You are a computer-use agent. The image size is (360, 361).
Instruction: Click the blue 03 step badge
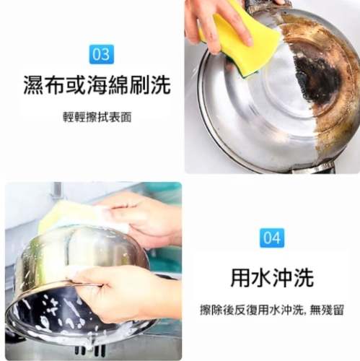point(102,54)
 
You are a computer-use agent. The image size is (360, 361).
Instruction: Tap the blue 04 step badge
point(271,238)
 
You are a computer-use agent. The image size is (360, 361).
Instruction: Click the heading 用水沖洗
point(271,277)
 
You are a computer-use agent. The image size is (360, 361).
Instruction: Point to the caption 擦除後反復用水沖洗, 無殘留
point(271,310)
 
